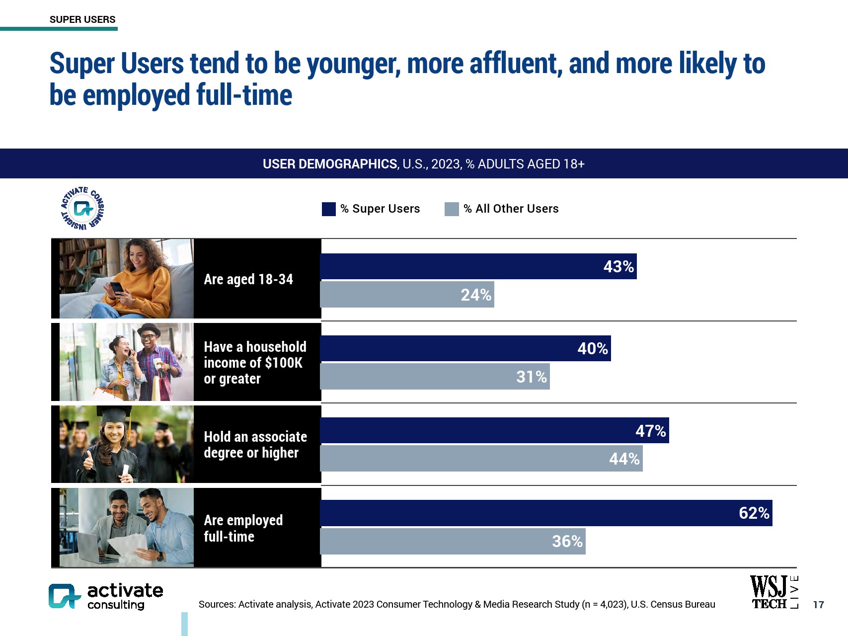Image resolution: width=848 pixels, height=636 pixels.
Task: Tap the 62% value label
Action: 754,513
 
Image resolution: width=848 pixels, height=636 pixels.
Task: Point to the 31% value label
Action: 531,377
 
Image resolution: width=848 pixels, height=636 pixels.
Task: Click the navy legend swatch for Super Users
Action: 329,209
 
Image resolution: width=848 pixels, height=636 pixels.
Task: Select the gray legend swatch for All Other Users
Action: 452,209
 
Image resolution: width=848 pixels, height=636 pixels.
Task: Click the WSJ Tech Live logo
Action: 773,592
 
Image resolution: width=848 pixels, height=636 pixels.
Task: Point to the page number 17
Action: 818,605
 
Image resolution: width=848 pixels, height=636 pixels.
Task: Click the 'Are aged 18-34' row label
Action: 248,279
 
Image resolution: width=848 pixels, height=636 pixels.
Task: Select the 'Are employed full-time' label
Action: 243,528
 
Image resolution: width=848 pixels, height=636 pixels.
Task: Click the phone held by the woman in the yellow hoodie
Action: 116,288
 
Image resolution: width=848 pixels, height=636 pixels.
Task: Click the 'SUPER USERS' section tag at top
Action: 82,19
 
